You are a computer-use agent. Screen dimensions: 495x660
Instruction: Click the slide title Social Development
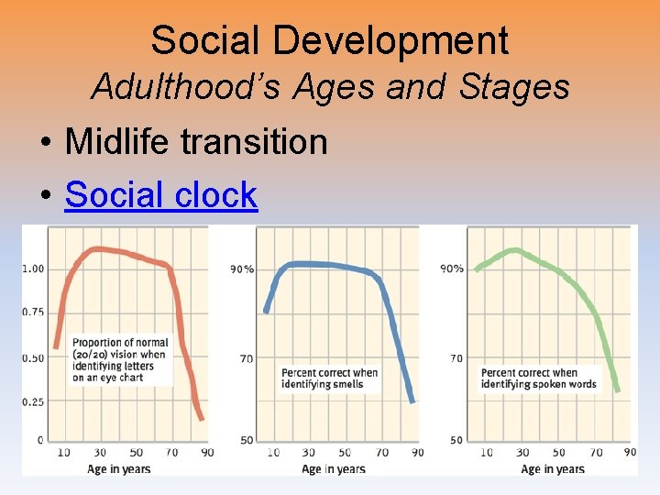329,40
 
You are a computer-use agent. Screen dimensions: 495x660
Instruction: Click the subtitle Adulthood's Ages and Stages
330,88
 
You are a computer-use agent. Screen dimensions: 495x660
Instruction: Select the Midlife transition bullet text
196,142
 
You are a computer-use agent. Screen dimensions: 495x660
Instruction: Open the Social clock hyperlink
161,194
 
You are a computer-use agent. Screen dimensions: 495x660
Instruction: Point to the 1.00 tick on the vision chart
33,269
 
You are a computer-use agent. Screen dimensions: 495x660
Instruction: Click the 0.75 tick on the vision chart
33,312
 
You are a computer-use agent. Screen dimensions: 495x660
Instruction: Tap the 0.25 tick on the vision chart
33,401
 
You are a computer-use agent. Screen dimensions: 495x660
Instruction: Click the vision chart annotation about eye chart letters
119,359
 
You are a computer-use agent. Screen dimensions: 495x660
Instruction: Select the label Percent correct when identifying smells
329,378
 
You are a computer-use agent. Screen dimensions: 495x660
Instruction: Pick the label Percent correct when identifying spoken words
538,378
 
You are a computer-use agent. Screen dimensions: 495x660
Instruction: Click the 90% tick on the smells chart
242,269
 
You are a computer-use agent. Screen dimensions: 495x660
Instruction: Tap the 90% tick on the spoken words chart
452,269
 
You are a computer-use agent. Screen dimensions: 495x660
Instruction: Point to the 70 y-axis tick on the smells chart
247,358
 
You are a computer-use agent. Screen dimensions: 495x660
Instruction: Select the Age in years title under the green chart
552,469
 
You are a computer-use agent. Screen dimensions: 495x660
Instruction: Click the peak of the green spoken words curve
517,249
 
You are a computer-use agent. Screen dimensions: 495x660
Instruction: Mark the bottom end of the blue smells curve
412,401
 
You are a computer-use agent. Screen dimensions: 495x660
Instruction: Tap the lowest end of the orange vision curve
201,419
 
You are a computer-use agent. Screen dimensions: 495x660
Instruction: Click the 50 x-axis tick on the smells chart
346,452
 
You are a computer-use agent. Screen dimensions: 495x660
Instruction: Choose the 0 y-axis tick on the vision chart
39,440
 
